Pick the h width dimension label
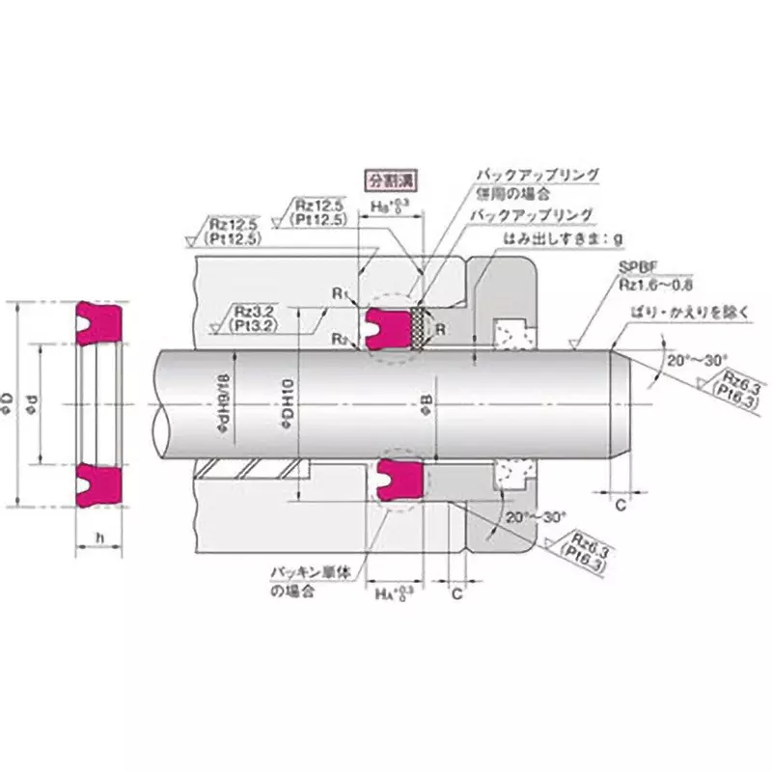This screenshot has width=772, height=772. (x=100, y=537)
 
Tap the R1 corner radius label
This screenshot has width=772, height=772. (x=338, y=292)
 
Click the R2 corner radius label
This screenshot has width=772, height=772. (x=338, y=338)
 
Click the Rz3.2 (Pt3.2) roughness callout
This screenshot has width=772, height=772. (x=252, y=317)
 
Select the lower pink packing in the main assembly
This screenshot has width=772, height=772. (x=398, y=477)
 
